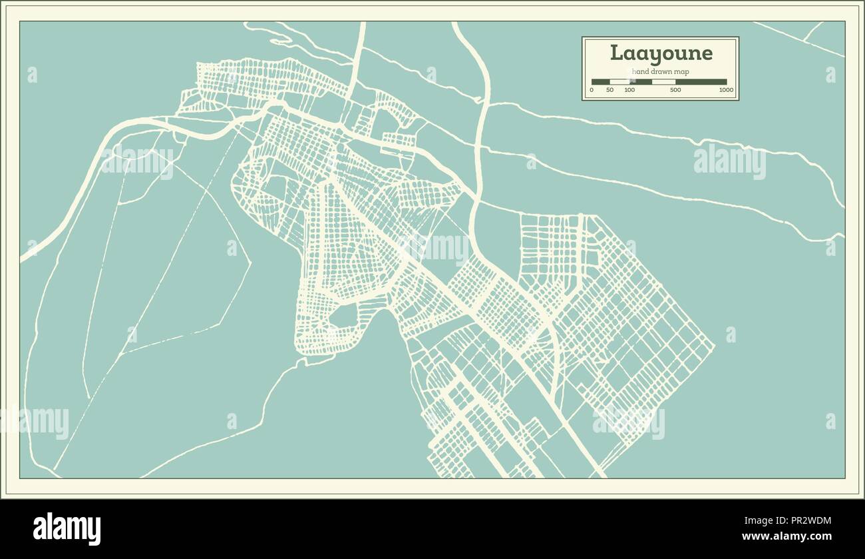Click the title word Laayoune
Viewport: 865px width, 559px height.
661,53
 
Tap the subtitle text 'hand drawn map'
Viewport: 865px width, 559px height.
660,71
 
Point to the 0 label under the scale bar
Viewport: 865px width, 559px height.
592,90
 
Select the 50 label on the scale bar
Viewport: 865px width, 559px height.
610,90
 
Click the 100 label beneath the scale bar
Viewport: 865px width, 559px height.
629,90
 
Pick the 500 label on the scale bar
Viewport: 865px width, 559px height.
675,90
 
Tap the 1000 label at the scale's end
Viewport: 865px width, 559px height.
725,90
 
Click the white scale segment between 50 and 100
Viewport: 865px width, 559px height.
620,82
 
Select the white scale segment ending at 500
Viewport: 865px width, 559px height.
663,82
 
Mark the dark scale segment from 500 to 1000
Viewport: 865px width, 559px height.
700,82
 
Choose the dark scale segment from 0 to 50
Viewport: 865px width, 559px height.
601,82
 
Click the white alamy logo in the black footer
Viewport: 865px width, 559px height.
67,529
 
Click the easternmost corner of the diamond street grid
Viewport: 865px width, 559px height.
713,346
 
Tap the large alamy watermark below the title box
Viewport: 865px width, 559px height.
729,161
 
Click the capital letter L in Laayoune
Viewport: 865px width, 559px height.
616,53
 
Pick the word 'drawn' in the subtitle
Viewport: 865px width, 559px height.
661,71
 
